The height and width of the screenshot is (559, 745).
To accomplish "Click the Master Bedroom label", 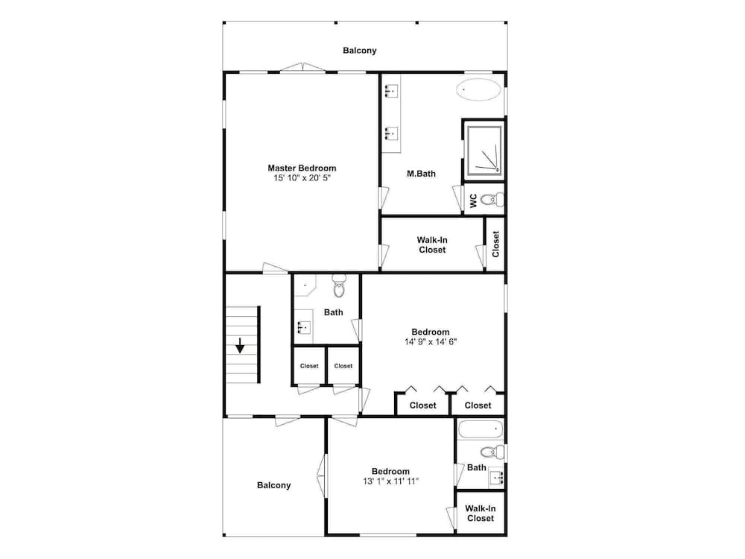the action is [302, 168].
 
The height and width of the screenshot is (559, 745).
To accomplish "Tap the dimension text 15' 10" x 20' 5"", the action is [302, 178].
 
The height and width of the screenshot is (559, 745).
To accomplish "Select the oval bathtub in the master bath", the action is [478, 89].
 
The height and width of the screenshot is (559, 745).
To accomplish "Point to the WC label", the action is [473, 200].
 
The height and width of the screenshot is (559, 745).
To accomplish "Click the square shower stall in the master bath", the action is [484, 150].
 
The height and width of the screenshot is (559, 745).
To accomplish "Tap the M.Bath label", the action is [421, 174].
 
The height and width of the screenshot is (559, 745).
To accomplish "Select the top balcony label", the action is [360, 51].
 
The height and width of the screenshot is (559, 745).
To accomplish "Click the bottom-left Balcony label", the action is [273, 485].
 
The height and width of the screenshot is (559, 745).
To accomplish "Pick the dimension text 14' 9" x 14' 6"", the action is [431, 342].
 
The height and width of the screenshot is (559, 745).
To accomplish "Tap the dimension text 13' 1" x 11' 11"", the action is [390, 481].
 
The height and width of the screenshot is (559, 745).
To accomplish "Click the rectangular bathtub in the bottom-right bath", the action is [479, 429].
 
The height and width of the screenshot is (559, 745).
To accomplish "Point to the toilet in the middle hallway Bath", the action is [339, 286].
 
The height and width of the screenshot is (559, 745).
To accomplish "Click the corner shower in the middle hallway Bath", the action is [304, 285].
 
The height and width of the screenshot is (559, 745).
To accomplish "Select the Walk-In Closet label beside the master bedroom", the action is [432, 244].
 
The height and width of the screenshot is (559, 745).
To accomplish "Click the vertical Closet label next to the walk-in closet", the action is [495, 244].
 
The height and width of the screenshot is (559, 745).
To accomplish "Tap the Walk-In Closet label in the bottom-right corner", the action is [481, 514].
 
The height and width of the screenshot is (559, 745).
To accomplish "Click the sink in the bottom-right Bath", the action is [497, 477].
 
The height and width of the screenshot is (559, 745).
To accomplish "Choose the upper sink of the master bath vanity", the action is [391, 90].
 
